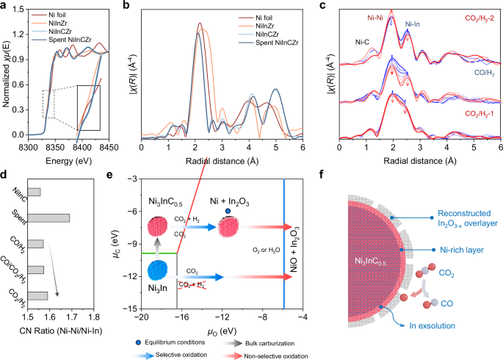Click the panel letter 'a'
pos(5,6)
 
